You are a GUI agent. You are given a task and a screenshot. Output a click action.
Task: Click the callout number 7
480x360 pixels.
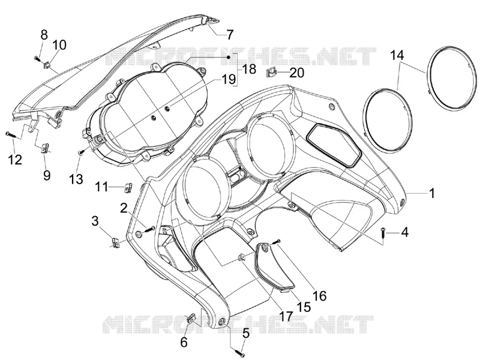[230, 34]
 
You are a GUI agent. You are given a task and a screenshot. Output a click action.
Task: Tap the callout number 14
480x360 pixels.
[397, 55]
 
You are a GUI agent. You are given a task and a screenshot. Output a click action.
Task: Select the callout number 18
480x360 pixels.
[249, 69]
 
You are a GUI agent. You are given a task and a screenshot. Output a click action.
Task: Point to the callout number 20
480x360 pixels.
[296, 73]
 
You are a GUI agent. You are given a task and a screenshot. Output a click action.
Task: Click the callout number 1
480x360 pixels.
[432, 193]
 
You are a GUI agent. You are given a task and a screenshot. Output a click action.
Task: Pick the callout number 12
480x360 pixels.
[15, 160]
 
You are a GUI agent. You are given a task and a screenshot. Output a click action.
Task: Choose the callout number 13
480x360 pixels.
[76, 179]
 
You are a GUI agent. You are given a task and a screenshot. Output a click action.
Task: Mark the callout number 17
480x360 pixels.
[286, 316]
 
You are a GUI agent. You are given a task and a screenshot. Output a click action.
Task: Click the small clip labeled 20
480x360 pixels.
[271, 73]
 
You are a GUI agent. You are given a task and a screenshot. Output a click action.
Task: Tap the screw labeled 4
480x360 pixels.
[383, 233]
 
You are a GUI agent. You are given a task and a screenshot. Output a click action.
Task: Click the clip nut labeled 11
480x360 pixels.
[128, 187]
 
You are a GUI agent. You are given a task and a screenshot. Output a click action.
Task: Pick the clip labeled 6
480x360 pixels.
[190, 319]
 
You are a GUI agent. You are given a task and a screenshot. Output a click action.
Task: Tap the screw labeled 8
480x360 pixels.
[38, 58]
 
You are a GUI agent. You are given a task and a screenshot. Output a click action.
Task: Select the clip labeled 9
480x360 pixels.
[44, 148]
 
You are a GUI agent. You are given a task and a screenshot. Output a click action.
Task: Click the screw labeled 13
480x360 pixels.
[82, 151]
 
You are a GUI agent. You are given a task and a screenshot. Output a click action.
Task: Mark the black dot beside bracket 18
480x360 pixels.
[229, 57]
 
